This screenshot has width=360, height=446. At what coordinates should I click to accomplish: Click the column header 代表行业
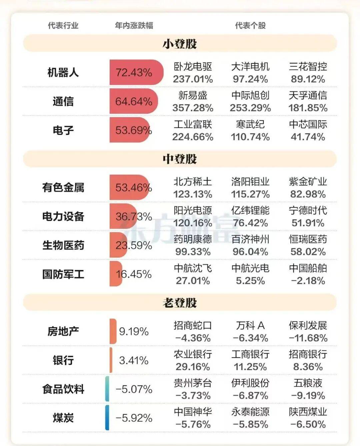[63, 26]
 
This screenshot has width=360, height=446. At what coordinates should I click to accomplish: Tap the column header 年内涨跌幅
[134, 26]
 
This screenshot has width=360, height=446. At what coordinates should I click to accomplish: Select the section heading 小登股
[180, 44]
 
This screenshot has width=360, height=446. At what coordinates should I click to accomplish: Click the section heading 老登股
[180, 303]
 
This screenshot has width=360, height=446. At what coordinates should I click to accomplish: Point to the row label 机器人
[63, 72]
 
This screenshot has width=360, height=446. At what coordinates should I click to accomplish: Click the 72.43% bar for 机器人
[136, 72]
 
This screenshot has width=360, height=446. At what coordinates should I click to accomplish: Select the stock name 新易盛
[193, 96]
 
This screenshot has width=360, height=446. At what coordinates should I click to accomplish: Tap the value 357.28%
[193, 108]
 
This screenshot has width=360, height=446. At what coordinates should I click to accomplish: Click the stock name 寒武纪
[250, 124]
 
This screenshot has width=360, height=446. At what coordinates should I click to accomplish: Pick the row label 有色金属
[63, 188]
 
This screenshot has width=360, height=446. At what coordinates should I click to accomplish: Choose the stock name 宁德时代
[308, 211]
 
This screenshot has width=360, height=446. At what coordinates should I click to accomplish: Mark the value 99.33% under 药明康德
[193, 252]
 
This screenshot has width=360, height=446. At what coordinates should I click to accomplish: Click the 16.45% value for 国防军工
[134, 274]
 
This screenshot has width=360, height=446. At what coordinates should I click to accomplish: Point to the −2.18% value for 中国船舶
[308, 280]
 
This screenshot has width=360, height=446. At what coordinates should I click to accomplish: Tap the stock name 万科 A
[250, 325]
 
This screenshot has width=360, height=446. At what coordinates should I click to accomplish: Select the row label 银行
[63, 360]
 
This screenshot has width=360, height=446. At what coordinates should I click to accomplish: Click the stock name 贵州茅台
[193, 383]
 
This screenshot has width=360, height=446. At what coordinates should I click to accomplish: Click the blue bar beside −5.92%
[107, 418]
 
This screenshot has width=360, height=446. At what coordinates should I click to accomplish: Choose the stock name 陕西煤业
[308, 412]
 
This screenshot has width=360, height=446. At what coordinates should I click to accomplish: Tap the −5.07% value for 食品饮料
[134, 389]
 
